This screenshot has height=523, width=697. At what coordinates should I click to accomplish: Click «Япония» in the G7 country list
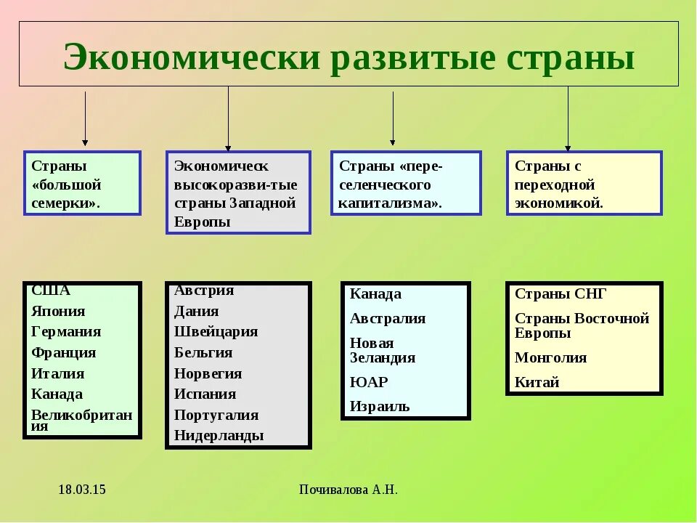58,312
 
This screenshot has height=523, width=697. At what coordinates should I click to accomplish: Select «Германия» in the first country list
66,332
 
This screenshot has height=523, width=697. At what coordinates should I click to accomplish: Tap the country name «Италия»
58,374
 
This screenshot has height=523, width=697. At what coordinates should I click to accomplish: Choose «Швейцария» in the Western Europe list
216,332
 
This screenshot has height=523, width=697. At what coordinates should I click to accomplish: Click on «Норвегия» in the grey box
208,374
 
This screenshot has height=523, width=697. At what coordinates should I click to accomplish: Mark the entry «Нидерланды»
219,436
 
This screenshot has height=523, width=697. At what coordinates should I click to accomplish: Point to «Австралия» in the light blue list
388,319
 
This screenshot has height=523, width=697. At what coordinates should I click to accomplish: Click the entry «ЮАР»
369,382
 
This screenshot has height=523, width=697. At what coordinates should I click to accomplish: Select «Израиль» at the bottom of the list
380,407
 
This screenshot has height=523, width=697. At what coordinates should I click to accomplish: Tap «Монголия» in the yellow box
550,358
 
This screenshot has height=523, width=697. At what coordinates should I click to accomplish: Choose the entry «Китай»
537,383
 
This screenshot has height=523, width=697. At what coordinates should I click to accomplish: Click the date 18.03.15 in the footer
82,490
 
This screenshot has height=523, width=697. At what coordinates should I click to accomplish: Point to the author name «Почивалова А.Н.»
348,490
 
